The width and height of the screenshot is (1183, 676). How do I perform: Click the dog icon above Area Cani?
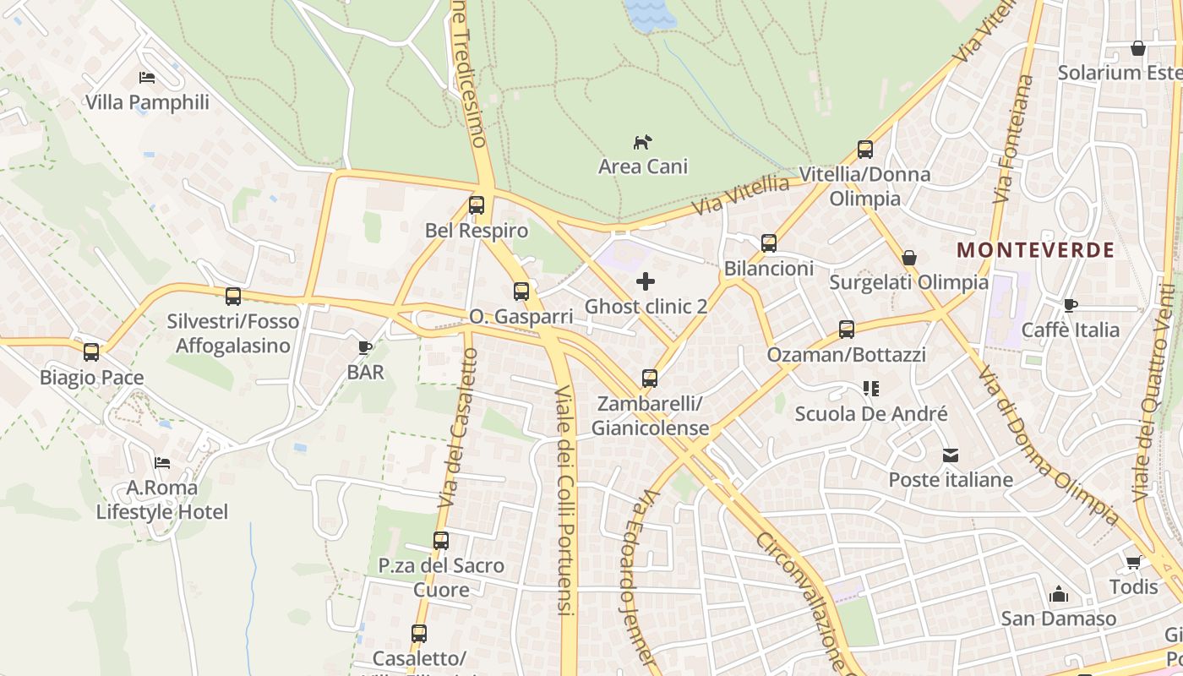pyautogui.click(x=643, y=142)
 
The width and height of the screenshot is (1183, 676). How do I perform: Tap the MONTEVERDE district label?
pyautogui.click(x=1036, y=250)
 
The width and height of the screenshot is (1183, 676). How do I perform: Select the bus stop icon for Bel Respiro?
pyautogui.click(x=477, y=205)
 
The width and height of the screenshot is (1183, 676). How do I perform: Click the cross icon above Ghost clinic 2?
pyautogui.click(x=646, y=281)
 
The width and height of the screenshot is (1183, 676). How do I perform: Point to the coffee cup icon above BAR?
pyautogui.click(x=365, y=347)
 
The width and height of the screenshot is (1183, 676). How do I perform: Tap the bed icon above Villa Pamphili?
pyautogui.click(x=147, y=78)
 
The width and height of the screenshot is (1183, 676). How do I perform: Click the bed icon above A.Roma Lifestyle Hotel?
pyautogui.click(x=162, y=462)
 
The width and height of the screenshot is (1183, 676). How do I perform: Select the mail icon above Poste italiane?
pyautogui.click(x=951, y=455)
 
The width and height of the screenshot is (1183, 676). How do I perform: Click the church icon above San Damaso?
pyautogui.click(x=1059, y=594)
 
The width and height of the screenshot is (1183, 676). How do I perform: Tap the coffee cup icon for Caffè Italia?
pyautogui.click(x=1071, y=305)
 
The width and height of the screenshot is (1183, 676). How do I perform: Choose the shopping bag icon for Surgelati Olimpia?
pyautogui.click(x=909, y=258)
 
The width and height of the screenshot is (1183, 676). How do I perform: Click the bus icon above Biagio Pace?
pyautogui.click(x=91, y=352)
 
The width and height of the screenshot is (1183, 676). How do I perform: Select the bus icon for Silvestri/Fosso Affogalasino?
pyautogui.click(x=233, y=297)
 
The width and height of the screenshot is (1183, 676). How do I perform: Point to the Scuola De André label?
pyautogui.click(x=871, y=414)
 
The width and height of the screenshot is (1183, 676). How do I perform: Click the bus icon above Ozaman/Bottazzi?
pyautogui.click(x=847, y=330)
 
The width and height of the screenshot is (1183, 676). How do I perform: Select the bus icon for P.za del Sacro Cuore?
pyautogui.click(x=441, y=541)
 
